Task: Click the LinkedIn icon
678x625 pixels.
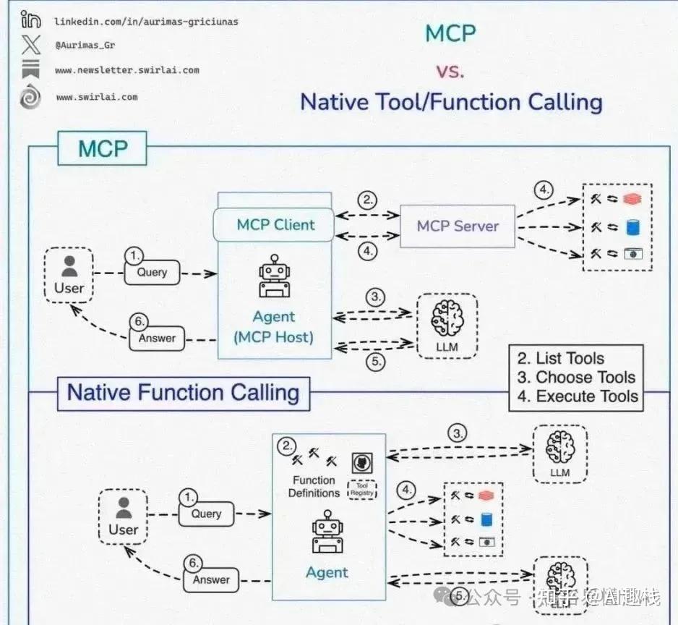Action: coord(30,20)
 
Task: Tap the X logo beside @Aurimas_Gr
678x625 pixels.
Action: coord(30,45)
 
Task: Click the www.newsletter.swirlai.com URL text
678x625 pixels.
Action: coord(126,71)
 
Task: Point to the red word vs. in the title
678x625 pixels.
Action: coord(450,71)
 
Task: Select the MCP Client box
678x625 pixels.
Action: coord(275,225)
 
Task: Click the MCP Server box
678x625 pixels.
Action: coord(458,226)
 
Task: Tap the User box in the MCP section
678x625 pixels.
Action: coord(69,275)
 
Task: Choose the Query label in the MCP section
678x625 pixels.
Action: coord(152,272)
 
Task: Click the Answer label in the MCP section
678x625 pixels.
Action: coord(157,337)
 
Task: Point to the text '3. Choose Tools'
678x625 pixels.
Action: coord(575,377)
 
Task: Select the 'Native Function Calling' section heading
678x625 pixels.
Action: coord(183,393)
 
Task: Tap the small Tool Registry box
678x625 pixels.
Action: coord(362,490)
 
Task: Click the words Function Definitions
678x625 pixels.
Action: coord(314,487)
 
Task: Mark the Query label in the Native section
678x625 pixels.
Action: coord(206,514)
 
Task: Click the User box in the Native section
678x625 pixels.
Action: coord(123,516)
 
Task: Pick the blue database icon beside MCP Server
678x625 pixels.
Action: coord(633,227)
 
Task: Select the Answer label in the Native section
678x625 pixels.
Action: coord(211,579)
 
